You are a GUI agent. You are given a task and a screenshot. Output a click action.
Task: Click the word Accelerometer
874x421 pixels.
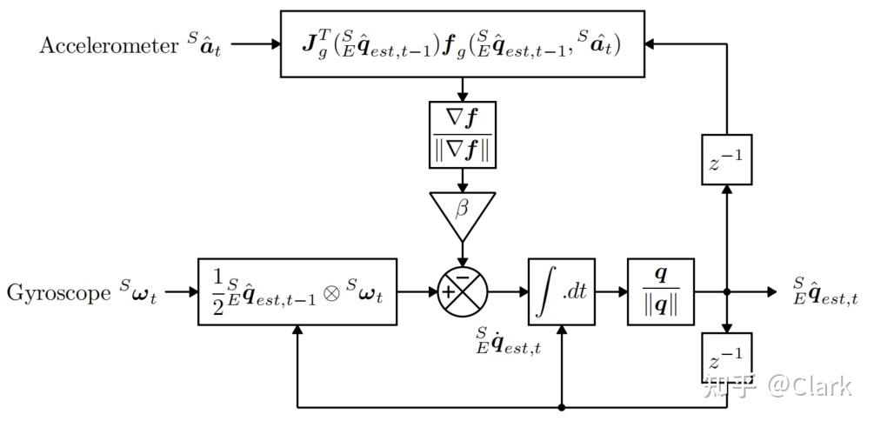tap(108, 46)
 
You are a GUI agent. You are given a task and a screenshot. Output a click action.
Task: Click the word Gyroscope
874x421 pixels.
tap(57, 292)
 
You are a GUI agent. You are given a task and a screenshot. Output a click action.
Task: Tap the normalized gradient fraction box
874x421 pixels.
tap(462, 134)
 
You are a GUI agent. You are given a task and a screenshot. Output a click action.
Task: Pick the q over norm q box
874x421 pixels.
tap(661, 292)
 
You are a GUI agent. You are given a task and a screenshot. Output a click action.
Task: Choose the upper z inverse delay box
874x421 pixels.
tap(726, 160)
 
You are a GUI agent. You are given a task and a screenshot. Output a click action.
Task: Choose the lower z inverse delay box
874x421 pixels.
tap(726, 358)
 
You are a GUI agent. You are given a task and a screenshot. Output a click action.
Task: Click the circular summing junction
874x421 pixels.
tap(462, 292)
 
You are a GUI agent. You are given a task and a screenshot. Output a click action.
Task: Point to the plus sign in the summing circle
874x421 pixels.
tap(449, 292)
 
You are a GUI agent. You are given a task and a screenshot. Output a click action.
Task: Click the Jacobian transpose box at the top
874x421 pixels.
tap(462, 43)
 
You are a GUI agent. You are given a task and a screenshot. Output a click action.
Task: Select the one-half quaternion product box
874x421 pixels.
tap(297, 291)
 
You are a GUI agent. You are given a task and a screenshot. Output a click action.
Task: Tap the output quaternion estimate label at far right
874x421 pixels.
tap(825, 291)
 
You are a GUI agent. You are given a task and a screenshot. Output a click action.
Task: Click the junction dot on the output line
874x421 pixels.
tap(726, 292)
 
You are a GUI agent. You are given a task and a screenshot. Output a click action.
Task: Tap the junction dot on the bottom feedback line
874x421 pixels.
tap(562, 406)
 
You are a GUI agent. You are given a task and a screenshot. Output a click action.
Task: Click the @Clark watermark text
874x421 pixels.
tap(809, 385)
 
